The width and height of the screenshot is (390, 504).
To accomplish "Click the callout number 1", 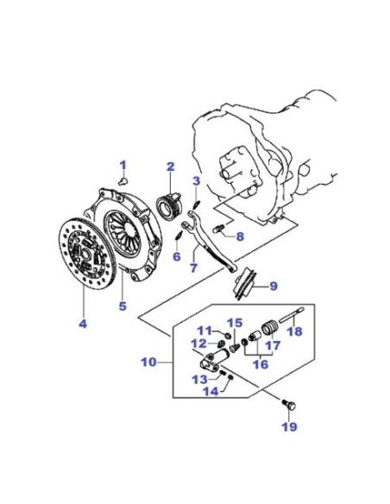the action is [123, 166].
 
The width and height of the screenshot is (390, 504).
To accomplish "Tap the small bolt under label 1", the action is [123, 180].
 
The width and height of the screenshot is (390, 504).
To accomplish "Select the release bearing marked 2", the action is [169, 205].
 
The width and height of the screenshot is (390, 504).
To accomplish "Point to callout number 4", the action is [83, 324].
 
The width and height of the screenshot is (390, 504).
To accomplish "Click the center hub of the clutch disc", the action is [85, 254].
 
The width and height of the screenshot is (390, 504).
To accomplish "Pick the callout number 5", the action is [123, 306].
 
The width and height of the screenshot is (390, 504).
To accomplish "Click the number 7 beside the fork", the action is [193, 268].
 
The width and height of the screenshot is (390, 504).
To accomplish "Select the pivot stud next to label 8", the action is [218, 229].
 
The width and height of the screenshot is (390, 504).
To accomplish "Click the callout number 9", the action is [274, 286].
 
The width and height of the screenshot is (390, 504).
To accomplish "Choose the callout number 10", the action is [149, 362].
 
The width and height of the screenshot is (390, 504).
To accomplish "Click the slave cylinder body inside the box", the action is [214, 359].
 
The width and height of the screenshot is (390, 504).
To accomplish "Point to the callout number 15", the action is [235, 323].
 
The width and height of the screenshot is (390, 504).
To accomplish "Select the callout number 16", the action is [261, 364].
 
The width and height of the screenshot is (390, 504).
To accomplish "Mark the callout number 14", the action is [211, 392].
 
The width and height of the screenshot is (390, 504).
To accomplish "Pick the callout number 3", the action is [196, 180].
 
